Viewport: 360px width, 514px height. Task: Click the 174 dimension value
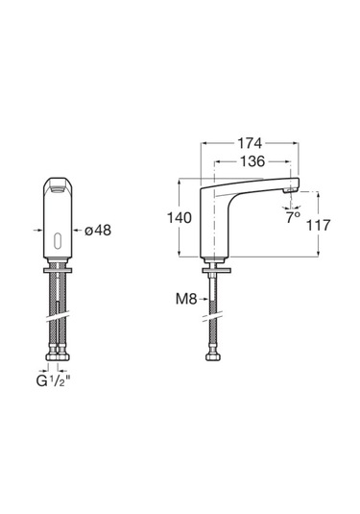250,143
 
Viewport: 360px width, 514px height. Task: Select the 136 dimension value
252,161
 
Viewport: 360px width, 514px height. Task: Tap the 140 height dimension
180,218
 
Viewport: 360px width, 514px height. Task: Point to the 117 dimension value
318,225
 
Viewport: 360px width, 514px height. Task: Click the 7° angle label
293,218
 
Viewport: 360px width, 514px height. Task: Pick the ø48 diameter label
98,231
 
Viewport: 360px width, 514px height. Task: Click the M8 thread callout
186,299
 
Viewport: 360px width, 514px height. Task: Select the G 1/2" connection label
54,381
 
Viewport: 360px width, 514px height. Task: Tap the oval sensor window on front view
58,241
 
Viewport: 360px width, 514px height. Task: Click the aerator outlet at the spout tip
290,190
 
